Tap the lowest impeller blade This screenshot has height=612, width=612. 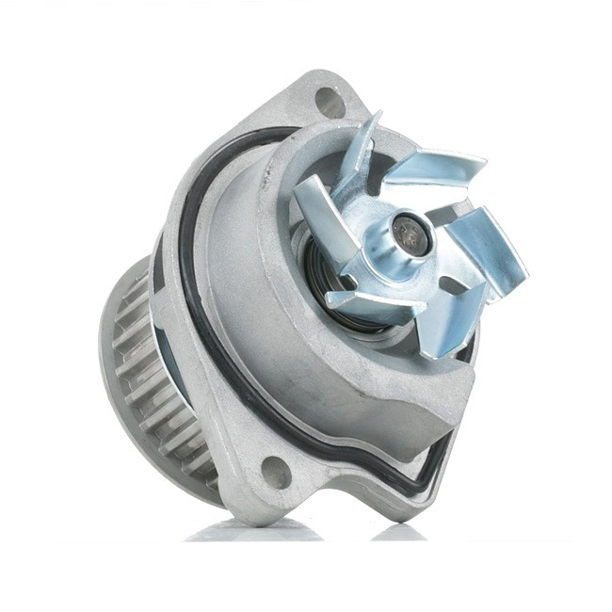pyautogui.click(x=443, y=325)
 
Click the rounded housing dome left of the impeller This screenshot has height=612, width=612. pyautogui.click(x=245, y=273)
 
